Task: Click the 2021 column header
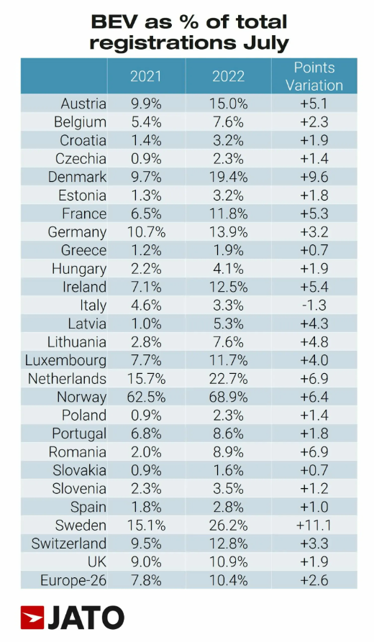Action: (x=146, y=76)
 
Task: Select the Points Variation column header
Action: (x=314, y=76)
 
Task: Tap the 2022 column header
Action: (x=228, y=76)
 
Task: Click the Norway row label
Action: (x=81, y=397)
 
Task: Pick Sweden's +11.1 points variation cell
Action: (x=314, y=525)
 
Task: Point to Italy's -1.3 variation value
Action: (x=314, y=305)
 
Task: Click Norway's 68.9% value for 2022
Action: (x=228, y=397)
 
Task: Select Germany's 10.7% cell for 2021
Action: (x=146, y=231)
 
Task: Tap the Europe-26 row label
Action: (x=73, y=580)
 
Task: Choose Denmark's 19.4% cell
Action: (x=228, y=177)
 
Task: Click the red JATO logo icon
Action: (x=32, y=618)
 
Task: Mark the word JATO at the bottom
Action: (x=86, y=618)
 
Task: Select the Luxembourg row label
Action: (x=65, y=360)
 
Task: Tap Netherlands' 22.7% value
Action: (x=228, y=378)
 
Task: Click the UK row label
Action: (x=97, y=561)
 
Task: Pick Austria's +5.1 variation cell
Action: (x=314, y=104)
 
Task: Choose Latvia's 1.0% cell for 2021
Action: (x=146, y=324)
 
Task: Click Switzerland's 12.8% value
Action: (x=228, y=544)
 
